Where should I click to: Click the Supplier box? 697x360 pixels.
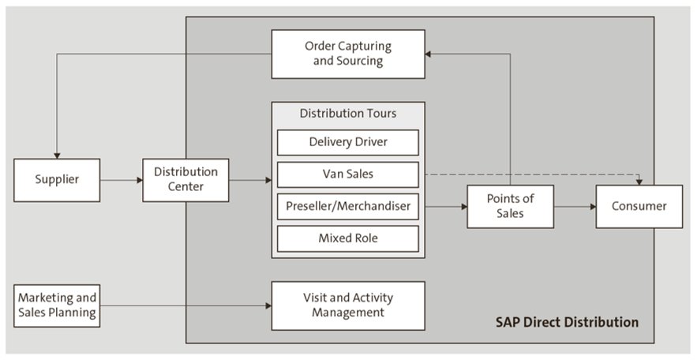click(x=58, y=180)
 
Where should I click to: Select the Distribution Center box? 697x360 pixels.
click(x=185, y=180)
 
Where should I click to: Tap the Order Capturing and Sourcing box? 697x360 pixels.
click(x=348, y=54)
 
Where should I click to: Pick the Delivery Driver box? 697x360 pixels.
click(x=348, y=143)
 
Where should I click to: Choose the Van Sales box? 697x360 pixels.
click(x=348, y=174)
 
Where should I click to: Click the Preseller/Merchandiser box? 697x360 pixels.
click(x=348, y=206)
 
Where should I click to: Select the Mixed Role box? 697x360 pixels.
click(x=348, y=238)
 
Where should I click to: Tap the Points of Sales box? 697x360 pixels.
click(x=510, y=207)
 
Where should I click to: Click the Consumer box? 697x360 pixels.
click(x=639, y=207)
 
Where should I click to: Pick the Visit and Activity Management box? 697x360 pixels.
click(x=348, y=306)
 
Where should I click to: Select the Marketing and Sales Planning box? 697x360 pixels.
click(x=57, y=306)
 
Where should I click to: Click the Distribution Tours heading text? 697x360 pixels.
click(x=348, y=114)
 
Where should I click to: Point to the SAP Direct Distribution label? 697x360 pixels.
click(x=567, y=322)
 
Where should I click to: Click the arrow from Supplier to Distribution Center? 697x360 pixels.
click(x=122, y=180)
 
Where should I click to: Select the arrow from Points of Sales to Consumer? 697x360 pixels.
click(x=574, y=207)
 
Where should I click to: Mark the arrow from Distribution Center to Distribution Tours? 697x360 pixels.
click(x=249, y=180)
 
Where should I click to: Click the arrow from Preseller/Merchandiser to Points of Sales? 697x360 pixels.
click(x=445, y=207)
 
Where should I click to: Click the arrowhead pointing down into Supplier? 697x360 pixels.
click(x=57, y=154)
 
